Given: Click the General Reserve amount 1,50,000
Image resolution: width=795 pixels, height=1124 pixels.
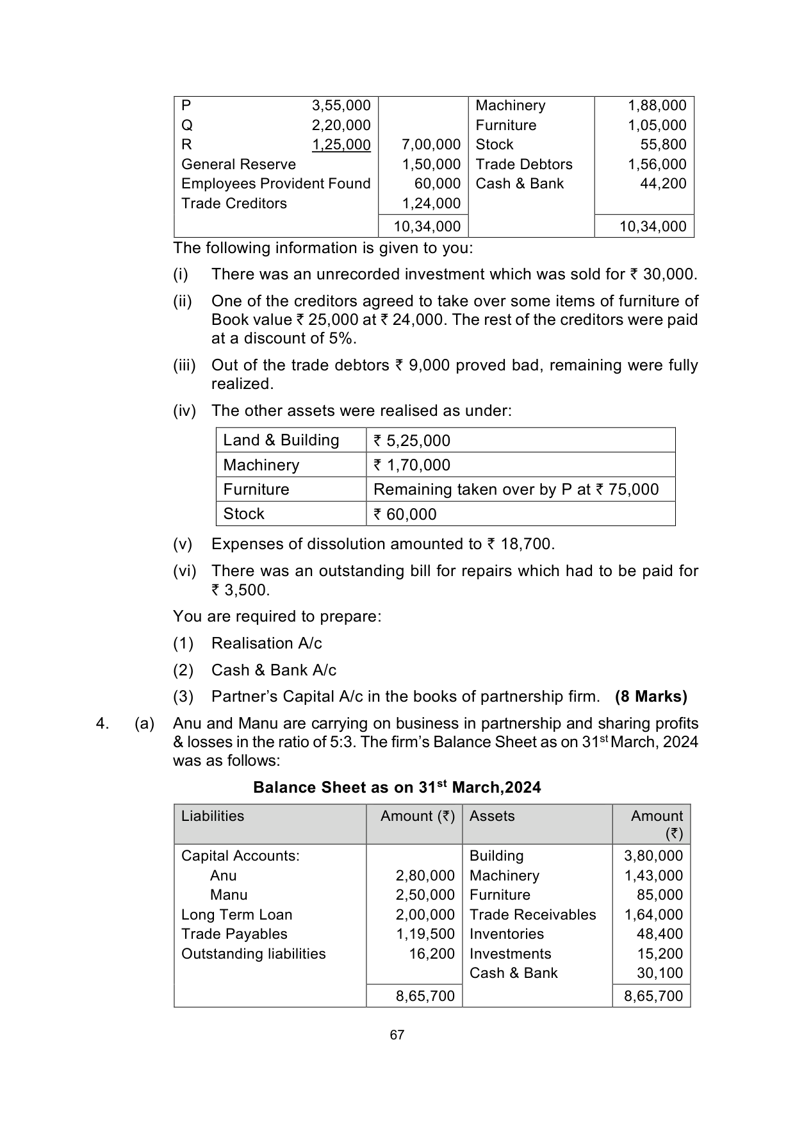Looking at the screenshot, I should pyautogui.click(x=431, y=165).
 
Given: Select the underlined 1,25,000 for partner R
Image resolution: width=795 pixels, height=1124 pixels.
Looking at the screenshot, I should pyautogui.click(x=341, y=145).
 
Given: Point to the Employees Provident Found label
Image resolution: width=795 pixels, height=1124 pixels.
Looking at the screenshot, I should pyautogui.click(x=275, y=184).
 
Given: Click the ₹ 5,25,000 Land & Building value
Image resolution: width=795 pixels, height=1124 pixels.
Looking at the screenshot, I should pyautogui.click(x=412, y=441).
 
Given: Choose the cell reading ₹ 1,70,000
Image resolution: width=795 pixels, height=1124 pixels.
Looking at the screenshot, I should pyautogui.click(x=412, y=465).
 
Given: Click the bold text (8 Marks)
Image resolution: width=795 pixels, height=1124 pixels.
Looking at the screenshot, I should pyautogui.click(x=651, y=697).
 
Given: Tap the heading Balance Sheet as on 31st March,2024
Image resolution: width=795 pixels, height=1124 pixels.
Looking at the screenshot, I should pyautogui.click(x=397, y=788).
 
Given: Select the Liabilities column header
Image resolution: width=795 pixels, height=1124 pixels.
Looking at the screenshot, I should pyautogui.click(x=213, y=816).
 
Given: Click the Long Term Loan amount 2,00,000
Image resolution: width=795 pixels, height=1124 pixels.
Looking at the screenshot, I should pyautogui.click(x=425, y=915).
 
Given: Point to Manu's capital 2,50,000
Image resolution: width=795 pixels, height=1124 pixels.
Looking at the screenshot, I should pyautogui.click(x=425, y=895).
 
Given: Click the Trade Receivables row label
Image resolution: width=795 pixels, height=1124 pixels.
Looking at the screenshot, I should pyautogui.click(x=532, y=915).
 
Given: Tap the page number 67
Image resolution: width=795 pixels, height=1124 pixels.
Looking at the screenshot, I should pyautogui.click(x=397, y=1035).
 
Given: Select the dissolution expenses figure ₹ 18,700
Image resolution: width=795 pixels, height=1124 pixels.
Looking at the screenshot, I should pyautogui.click(x=520, y=544).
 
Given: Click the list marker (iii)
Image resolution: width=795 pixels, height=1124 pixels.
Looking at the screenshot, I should pyautogui.click(x=184, y=365).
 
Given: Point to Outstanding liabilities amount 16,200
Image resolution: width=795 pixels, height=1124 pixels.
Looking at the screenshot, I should pyautogui.click(x=432, y=954).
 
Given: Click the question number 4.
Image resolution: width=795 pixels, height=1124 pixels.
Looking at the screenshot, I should pyautogui.click(x=102, y=724).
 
